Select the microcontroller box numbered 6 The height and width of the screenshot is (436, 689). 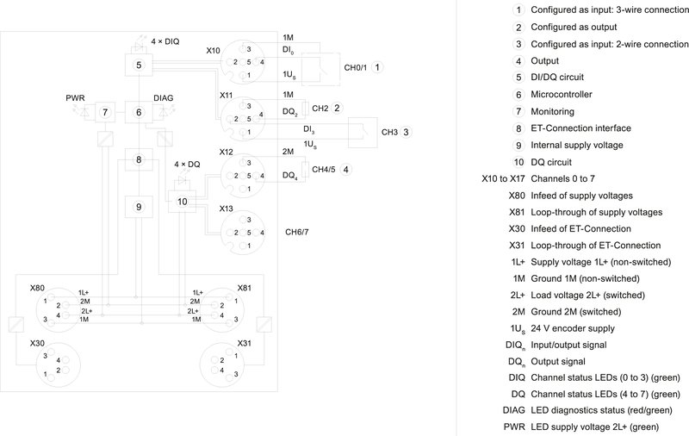(138, 112)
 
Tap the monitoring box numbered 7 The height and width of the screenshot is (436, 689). (104, 112)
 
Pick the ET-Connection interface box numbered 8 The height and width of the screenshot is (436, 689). (138, 159)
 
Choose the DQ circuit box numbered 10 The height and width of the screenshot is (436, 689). (182, 201)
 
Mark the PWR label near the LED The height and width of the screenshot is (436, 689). (76, 97)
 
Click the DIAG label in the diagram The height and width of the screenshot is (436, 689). (164, 98)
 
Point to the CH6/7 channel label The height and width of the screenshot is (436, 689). (296, 232)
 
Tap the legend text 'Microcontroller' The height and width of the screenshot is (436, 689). (564, 94)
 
